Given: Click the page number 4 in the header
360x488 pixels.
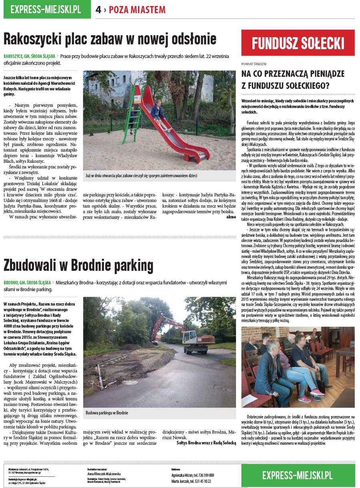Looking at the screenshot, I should [x=98, y=10].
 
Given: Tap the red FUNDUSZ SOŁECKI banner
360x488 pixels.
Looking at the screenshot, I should [x=298, y=43].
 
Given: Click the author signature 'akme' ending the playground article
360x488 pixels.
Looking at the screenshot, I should [x=231, y=216].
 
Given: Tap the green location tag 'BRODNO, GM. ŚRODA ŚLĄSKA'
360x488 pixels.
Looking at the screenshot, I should [x=27, y=282].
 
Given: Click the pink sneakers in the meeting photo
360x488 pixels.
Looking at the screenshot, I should [x=305, y=398].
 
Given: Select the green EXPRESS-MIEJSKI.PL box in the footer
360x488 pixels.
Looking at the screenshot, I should [x=298, y=475].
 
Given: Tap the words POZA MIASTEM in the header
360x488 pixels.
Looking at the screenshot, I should [x=137, y=10].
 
